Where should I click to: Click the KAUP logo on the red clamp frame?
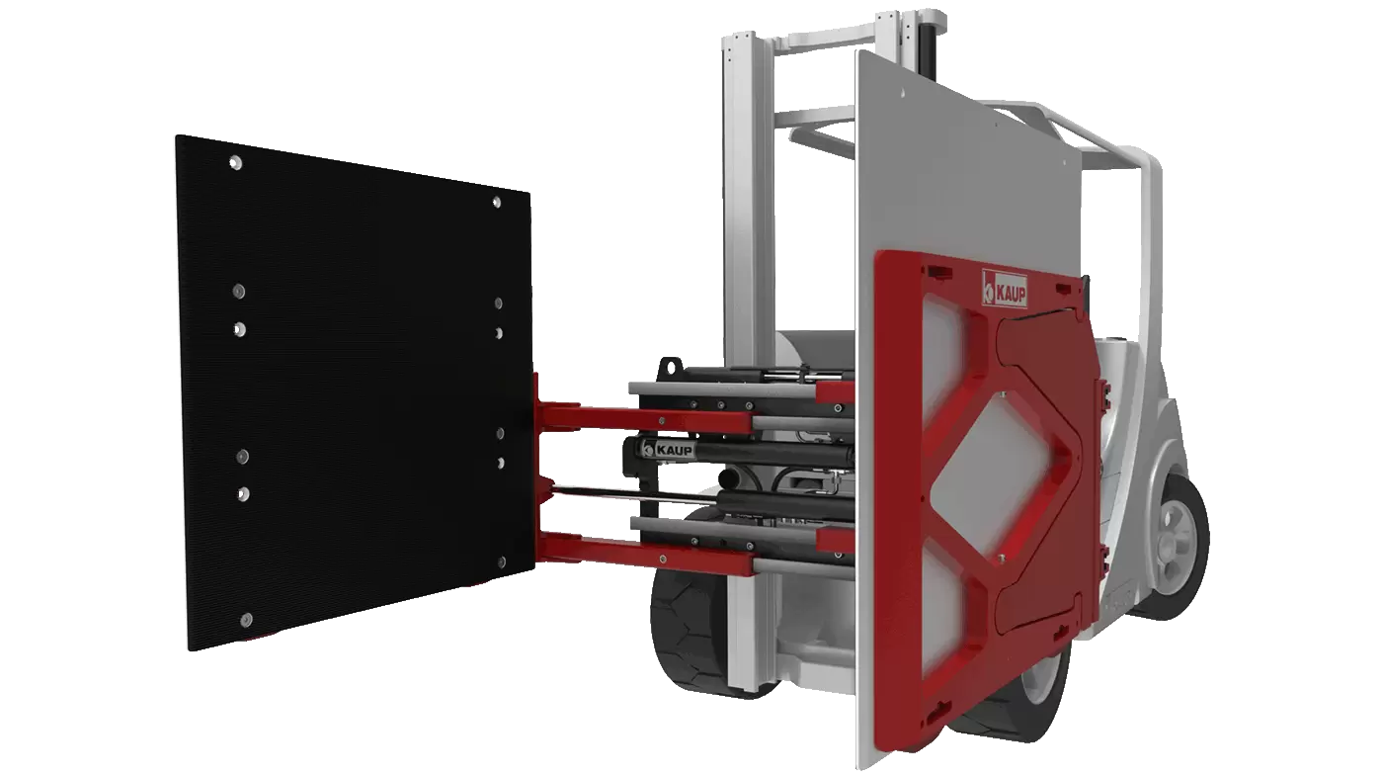tap(1006, 289)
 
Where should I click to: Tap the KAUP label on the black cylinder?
tap(669, 449)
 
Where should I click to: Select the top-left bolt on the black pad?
tap(235, 163)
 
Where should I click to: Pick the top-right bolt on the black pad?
tap(497, 202)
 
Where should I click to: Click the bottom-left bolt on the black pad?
tap(246, 619)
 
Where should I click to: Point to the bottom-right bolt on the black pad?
tap(502, 563)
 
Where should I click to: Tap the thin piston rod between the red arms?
tap(636, 496)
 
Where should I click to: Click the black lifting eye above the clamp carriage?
tap(670, 369)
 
